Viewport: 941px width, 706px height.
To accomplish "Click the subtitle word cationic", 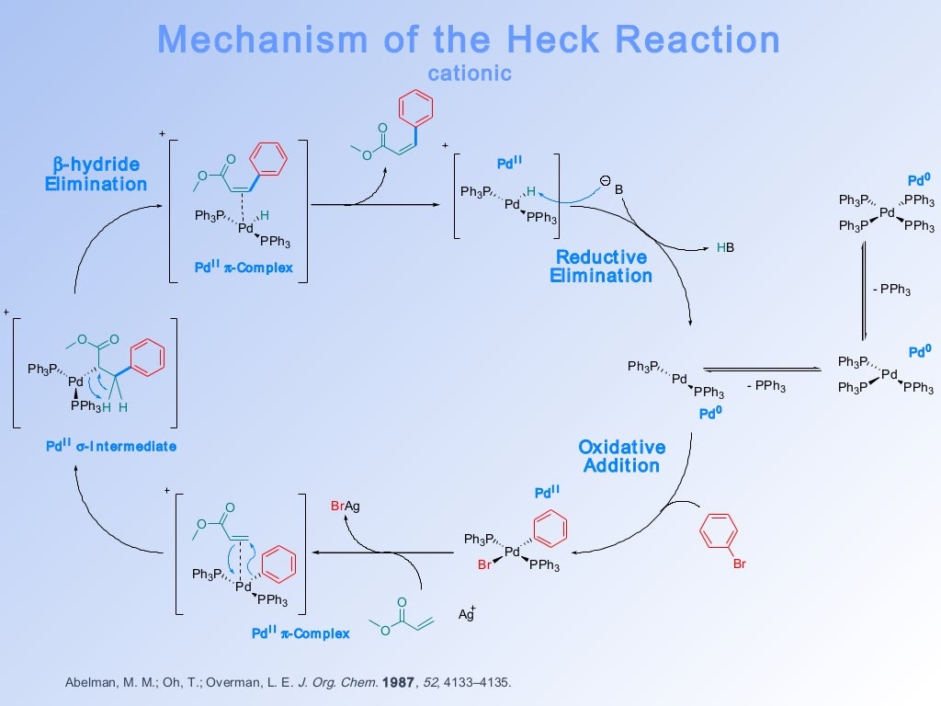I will (470, 74).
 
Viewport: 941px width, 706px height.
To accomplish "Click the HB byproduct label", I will (726, 248).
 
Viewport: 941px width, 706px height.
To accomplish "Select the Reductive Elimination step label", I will (601, 266).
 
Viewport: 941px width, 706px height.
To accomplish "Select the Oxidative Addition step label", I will (621, 456).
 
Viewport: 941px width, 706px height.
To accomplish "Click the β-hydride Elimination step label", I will (96, 174).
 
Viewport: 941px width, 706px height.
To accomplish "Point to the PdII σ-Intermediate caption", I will (111, 446).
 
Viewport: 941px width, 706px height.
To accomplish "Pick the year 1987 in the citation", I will (395, 683).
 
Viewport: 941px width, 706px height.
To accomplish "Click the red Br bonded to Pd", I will (485, 566).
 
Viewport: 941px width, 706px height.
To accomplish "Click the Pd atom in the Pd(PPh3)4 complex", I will (887, 212).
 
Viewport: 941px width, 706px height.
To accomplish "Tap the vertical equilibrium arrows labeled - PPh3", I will (864, 290).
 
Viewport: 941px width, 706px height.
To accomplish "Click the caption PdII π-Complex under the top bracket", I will (244, 268).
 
